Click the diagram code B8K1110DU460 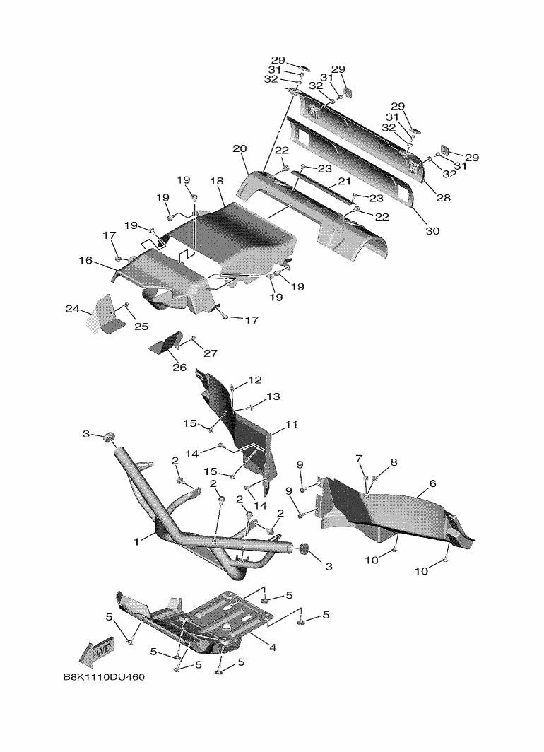pyautogui.click(x=104, y=678)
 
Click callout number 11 pyautogui.click(x=291, y=425)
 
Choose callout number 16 pyautogui.click(x=85, y=261)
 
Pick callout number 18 pyautogui.click(x=216, y=182)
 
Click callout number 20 pyautogui.click(x=240, y=149)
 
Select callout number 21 pyautogui.click(x=344, y=182)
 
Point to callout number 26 pyautogui.click(x=179, y=367)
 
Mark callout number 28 pyautogui.click(x=443, y=198)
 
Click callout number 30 pyautogui.click(x=431, y=230)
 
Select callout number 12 pyautogui.click(x=254, y=380)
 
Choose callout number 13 pyautogui.click(x=273, y=397)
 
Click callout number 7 pyautogui.click(x=359, y=459)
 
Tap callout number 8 pyautogui.click(x=394, y=462)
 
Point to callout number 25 pyautogui.click(x=141, y=326)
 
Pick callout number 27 pyautogui.click(x=211, y=353)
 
